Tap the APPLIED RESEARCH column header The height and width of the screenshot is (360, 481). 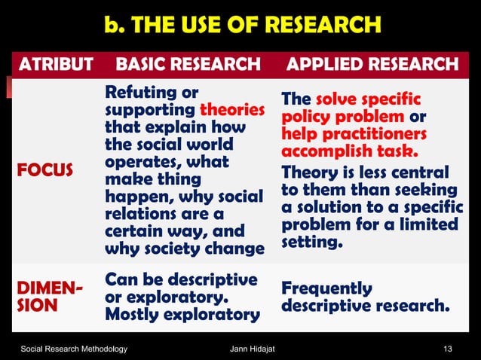pos(372,65)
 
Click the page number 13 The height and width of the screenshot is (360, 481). pos(450,348)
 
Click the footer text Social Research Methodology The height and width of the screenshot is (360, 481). pos(74,348)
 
